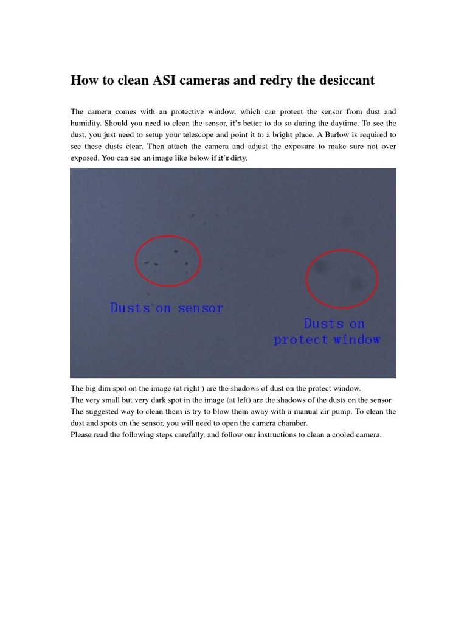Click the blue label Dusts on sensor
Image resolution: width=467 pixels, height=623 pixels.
click(167, 308)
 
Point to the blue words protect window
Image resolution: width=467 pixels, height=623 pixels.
click(327, 339)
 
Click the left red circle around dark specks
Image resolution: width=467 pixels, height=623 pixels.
click(167, 259)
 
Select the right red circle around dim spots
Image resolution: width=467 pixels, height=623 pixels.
click(342, 277)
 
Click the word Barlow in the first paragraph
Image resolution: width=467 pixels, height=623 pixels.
click(339, 135)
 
